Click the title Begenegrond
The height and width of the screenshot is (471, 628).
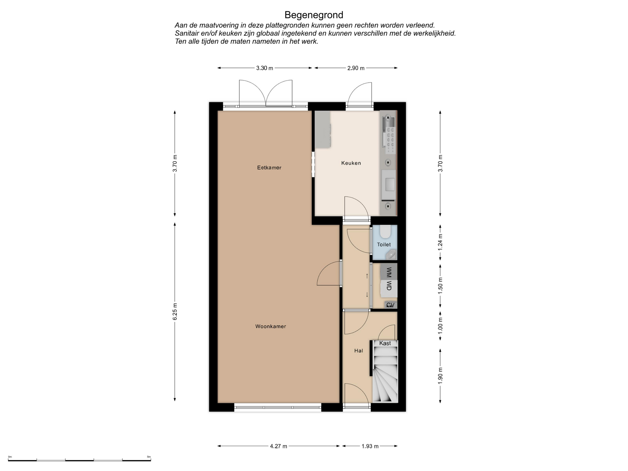tap(314, 15)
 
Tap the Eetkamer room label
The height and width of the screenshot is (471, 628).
tap(269, 167)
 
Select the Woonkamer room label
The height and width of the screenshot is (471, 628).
tap(270, 326)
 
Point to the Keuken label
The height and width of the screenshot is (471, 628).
tap(351, 163)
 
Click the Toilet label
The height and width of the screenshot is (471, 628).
tap(384, 244)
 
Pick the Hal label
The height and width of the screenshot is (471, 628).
tap(358, 351)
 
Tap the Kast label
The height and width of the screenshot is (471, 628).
tap(385, 343)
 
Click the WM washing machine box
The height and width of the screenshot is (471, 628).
tap(389, 272)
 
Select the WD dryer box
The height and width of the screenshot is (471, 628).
tap(389, 288)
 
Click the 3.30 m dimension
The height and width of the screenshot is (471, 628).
tap(265, 68)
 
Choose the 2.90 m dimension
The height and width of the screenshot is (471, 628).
tap(356, 68)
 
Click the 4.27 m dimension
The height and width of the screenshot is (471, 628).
tap(279, 446)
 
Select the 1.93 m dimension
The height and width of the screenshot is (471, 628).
tap(370, 446)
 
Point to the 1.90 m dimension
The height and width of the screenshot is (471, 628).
tap(440, 375)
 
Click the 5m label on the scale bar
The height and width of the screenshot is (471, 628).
tap(149, 457)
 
